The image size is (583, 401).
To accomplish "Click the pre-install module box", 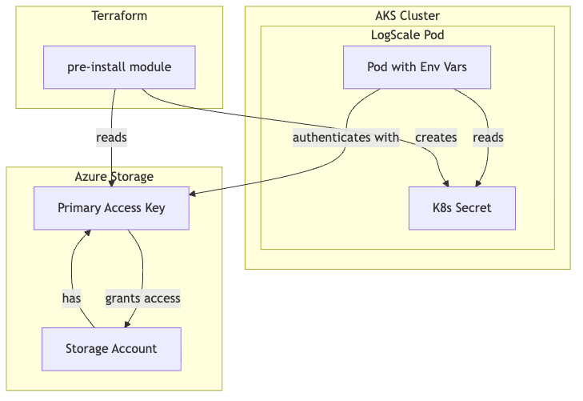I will [119, 67].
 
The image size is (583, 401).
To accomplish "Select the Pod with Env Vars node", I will [417, 67].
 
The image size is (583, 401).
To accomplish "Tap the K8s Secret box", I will [461, 208].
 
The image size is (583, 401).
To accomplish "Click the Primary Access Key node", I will [111, 208].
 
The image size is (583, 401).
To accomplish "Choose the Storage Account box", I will [111, 349].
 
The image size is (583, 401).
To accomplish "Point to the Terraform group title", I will [119, 16].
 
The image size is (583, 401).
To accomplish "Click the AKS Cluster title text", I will [407, 16].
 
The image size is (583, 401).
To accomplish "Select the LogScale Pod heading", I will [407, 35].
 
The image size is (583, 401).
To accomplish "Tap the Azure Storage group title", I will [114, 176].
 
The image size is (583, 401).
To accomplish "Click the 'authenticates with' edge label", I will [345, 138].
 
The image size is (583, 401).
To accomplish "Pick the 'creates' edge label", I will [436, 138].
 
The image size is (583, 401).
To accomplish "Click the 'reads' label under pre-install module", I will [111, 138].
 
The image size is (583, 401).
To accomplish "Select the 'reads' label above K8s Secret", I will [488, 138].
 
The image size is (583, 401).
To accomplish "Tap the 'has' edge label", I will [72, 299].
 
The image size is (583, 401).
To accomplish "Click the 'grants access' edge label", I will [142, 299].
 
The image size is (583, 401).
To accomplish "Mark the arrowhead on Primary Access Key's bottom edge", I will [89, 233].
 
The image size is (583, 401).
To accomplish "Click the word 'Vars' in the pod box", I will [453, 67].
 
